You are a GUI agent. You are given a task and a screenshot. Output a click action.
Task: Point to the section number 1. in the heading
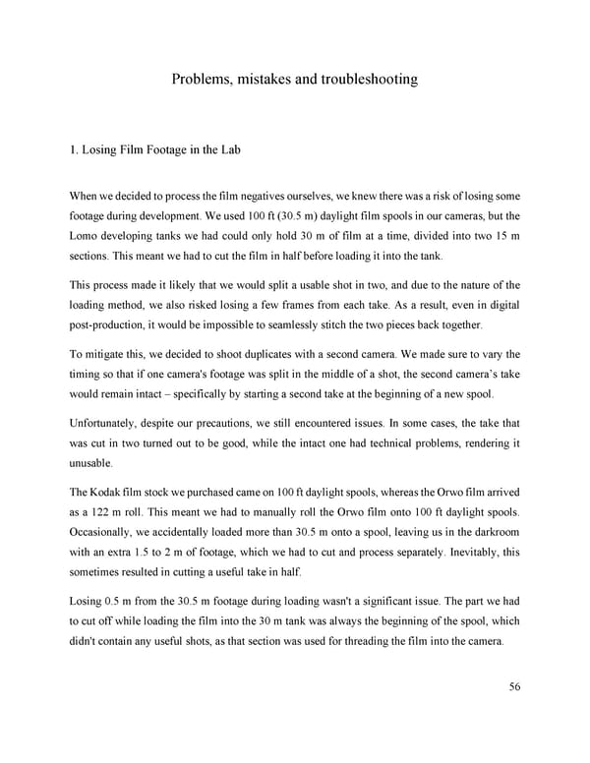click(x=73, y=150)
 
